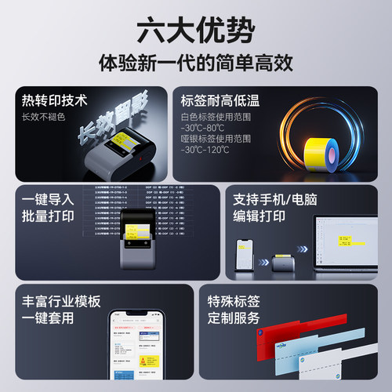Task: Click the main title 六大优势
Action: (195, 29)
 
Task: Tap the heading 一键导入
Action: (45, 201)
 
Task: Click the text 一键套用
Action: (45, 318)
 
